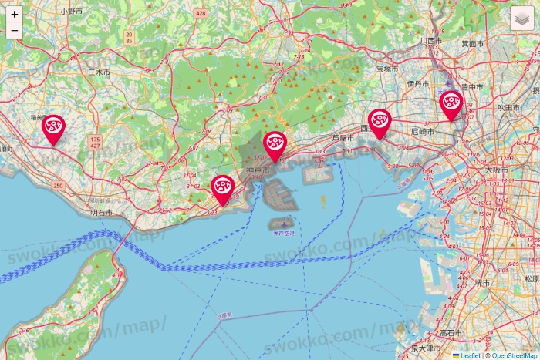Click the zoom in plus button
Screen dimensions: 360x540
pyautogui.click(x=15, y=14)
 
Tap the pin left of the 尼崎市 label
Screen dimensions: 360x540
pyautogui.click(x=379, y=122)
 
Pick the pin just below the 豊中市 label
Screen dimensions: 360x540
pyautogui.click(x=451, y=105)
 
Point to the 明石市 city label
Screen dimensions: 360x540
pyautogui.click(x=101, y=212)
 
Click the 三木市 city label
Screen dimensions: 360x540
pyautogui.click(x=100, y=71)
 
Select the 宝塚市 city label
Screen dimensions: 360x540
pyautogui.click(x=386, y=69)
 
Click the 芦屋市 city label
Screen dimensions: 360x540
pyautogui.click(x=343, y=138)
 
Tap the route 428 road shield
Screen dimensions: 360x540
pyautogui.click(x=201, y=14)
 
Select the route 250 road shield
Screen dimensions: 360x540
pyautogui.click(x=59, y=186)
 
